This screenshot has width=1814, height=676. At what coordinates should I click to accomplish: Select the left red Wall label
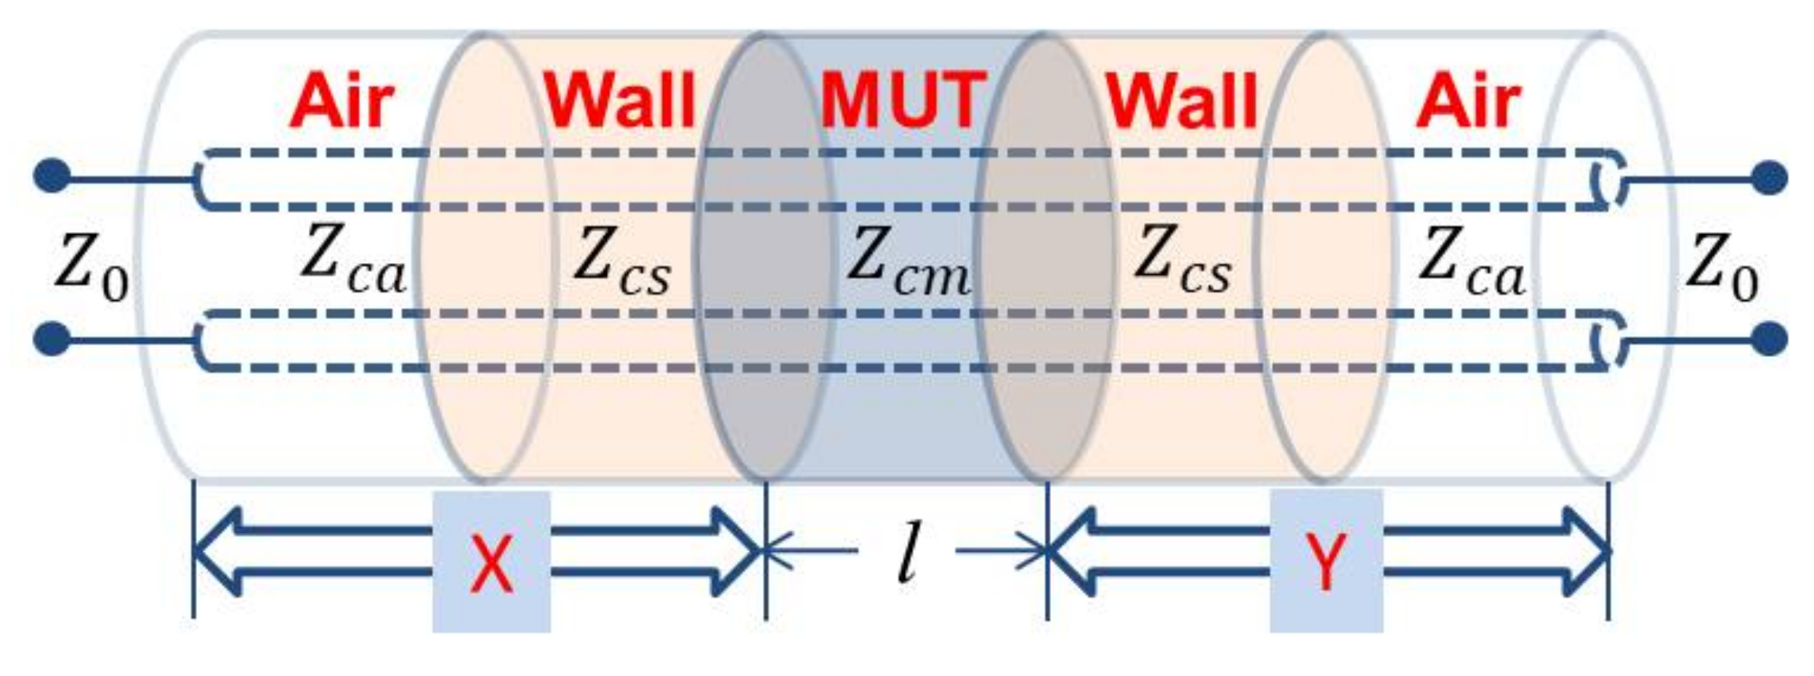[620, 101]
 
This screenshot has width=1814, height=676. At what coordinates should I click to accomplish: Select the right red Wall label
[1182, 101]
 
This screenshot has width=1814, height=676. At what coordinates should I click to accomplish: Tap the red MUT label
[903, 101]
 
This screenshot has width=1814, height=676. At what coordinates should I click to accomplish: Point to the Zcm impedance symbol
[908, 262]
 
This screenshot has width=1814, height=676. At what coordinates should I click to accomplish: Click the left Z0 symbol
[92, 266]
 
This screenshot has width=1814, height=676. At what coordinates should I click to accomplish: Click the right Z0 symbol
[1721, 266]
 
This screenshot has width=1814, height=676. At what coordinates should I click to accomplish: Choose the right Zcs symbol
[1183, 261]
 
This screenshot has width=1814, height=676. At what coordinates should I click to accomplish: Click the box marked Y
[1326, 561]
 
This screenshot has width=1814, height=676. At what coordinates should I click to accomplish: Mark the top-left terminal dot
[52, 177]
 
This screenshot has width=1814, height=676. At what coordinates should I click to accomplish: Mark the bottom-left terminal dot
[52, 339]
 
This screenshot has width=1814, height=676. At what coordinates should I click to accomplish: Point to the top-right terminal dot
[1769, 177]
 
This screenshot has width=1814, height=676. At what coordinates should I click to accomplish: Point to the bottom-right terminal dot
[1769, 339]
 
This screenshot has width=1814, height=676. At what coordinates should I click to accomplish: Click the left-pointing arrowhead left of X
[218, 551]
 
